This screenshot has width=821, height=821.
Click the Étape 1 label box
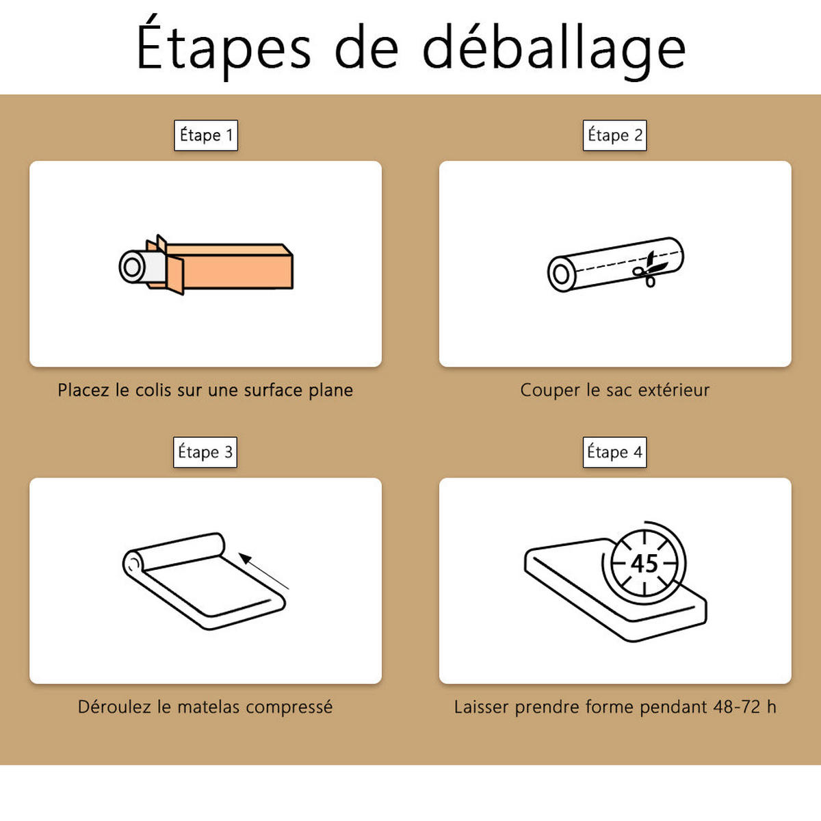(x=206, y=135)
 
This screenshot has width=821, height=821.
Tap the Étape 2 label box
(x=615, y=135)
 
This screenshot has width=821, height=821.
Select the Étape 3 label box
(x=205, y=452)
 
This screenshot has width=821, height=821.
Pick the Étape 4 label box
(x=615, y=452)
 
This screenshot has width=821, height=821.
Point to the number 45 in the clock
(x=644, y=564)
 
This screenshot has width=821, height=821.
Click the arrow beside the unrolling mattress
(x=263, y=571)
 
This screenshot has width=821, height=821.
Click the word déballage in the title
(x=554, y=48)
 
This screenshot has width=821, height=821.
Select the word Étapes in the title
(x=224, y=44)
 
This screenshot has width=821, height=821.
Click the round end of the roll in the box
(x=132, y=267)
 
